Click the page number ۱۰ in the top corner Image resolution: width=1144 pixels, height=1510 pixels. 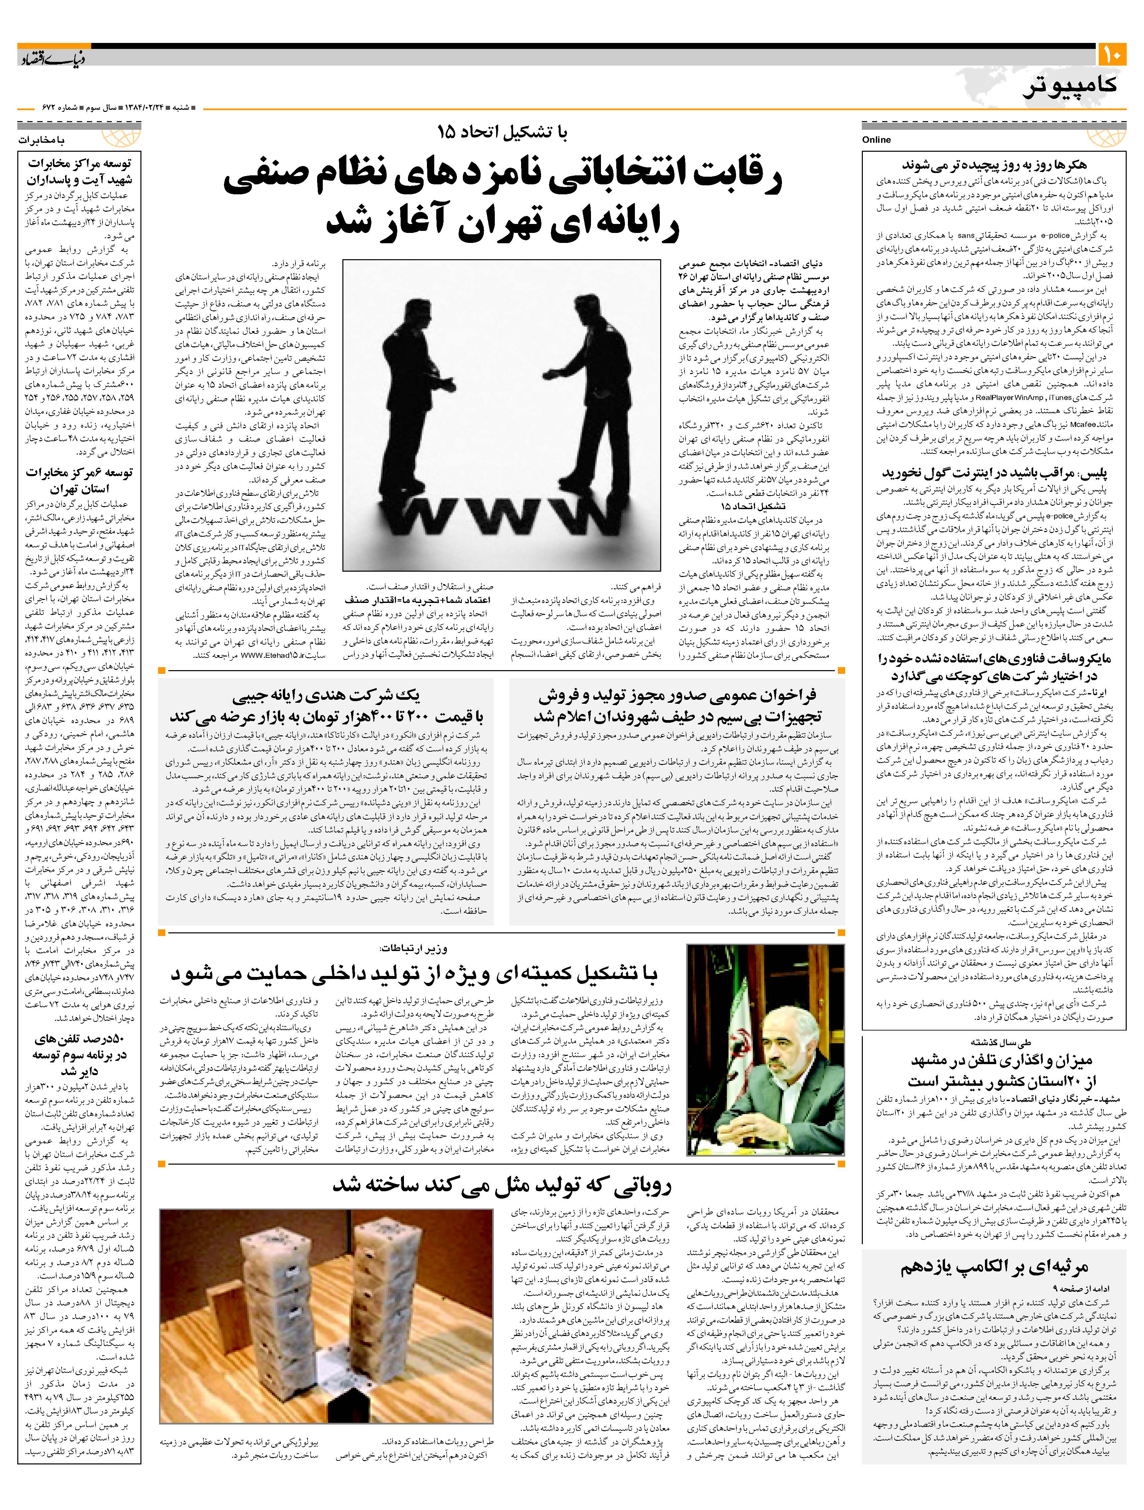coord(1113,55)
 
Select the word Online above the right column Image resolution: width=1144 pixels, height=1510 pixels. coord(876,139)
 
